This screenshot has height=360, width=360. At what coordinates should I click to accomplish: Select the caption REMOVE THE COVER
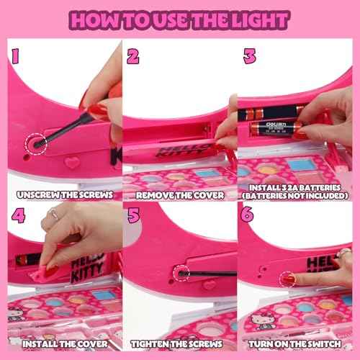[x=179, y=195]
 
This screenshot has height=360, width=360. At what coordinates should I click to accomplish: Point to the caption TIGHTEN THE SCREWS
[x=179, y=345]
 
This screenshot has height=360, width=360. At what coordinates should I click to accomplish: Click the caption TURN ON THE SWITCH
[x=297, y=345]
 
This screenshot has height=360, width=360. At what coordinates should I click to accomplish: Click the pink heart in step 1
[x=71, y=163]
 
